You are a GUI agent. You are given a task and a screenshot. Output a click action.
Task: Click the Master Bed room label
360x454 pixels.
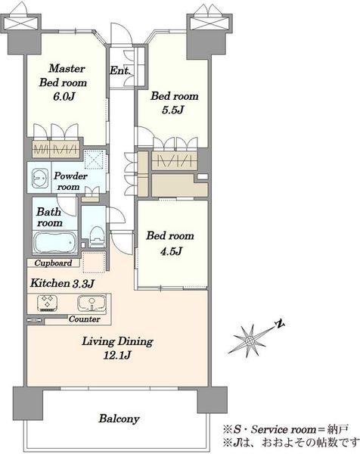point(63,76)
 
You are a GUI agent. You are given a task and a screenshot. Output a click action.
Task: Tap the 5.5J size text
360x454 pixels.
point(173,110)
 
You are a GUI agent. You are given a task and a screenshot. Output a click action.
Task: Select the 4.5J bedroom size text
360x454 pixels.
point(172,250)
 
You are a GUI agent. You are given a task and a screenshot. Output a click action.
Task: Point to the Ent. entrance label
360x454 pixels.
point(120,70)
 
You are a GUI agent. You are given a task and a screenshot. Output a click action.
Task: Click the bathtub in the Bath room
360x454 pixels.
point(54,243)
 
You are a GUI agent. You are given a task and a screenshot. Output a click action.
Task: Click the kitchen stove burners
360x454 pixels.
point(47,303)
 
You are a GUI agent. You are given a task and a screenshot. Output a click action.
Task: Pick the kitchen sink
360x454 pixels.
point(92,303)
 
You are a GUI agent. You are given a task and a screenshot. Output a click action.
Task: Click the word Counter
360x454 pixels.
point(84,319)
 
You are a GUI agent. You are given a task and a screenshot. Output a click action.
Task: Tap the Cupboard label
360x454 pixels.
point(53,263)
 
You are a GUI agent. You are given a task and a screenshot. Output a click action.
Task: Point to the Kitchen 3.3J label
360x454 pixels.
point(62,283)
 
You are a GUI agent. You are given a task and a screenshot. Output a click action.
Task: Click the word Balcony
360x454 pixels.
point(119,418)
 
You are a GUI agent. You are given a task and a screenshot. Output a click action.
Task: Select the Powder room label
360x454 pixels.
point(70,182)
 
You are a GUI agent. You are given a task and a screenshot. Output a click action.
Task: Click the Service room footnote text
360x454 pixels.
point(285,429)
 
